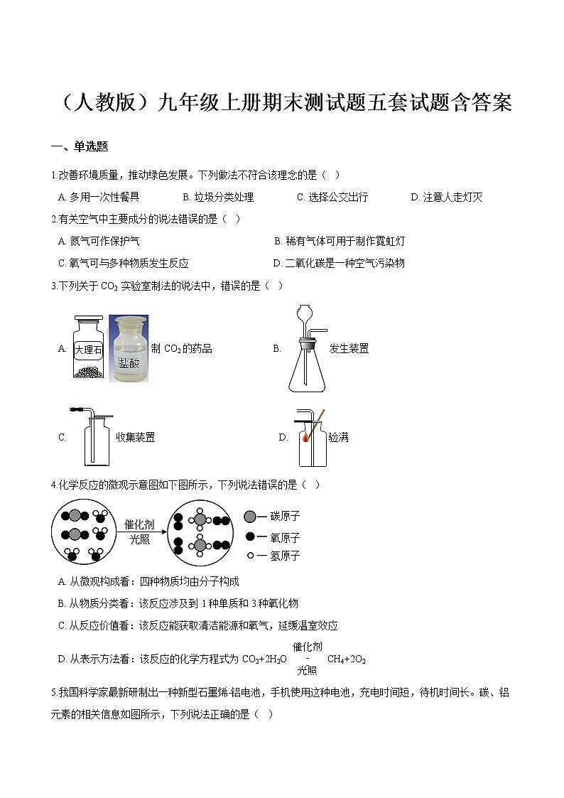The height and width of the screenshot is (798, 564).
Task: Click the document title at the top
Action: pos(282,103)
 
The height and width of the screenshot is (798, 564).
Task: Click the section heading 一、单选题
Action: pos(80,147)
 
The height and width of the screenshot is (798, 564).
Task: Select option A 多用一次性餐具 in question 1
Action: pos(99,197)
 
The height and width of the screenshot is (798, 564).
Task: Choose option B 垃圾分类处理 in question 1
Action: pos(218,197)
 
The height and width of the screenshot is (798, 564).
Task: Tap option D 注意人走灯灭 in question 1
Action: pos(447,197)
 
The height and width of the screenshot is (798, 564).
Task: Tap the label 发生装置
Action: pos(349,349)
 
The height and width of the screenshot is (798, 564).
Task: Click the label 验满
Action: pos(338,437)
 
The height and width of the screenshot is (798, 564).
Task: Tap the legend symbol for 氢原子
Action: pos(250,556)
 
